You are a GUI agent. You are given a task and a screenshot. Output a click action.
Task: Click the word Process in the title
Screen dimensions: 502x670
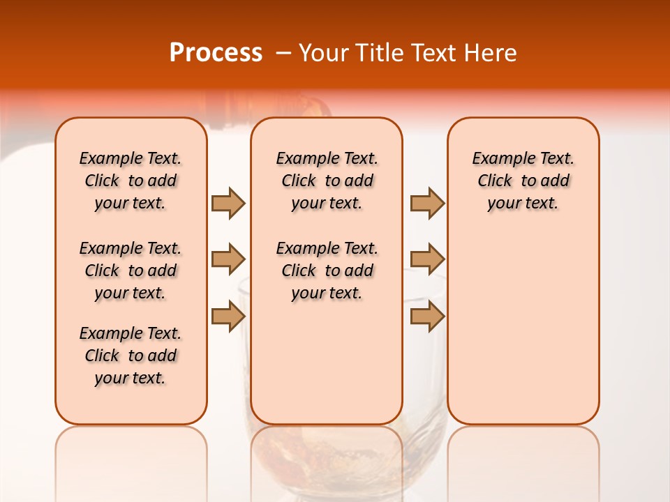tap(216, 52)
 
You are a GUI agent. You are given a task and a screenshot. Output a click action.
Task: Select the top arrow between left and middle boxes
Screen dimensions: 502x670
tap(228, 204)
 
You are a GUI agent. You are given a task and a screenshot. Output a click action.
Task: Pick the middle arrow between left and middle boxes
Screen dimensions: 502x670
tap(228, 259)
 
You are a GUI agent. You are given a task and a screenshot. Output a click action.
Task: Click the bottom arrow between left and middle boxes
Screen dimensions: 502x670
tap(228, 316)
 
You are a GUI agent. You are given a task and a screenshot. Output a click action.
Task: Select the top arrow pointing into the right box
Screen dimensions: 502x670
tap(427, 204)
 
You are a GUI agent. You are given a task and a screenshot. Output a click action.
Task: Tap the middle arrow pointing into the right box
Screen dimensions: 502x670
tap(427, 259)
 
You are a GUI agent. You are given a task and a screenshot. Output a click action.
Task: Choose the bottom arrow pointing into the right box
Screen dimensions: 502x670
tap(427, 316)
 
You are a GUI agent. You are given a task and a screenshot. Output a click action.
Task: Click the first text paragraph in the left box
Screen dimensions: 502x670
tap(131, 181)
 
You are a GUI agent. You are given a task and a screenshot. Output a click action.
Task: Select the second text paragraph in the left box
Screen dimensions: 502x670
tap(131, 271)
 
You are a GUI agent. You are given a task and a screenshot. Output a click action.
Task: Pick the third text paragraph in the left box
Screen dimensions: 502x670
tap(131, 356)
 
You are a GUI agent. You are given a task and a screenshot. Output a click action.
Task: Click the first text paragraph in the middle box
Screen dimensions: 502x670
tap(327, 181)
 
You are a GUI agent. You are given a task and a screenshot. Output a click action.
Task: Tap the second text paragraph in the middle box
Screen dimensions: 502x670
tap(327, 271)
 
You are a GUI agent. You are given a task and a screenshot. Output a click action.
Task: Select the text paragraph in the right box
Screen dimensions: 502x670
tap(523, 181)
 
